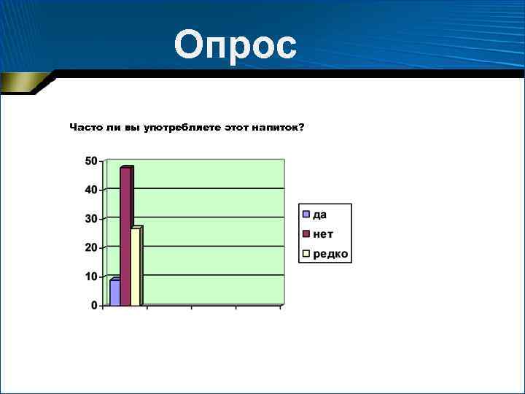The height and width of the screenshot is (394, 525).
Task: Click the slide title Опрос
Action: click(x=236, y=45)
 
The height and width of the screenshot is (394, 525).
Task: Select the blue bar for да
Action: click(x=114, y=292)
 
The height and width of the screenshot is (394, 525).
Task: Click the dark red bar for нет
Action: click(x=125, y=237)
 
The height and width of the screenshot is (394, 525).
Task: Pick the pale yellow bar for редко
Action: click(x=136, y=266)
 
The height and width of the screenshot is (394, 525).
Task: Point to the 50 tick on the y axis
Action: click(x=91, y=161)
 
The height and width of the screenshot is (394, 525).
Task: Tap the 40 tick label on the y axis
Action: click(x=91, y=190)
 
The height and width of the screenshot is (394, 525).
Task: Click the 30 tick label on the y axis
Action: click(x=91, y=218)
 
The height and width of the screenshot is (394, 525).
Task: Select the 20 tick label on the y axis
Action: click(x=91, y=247)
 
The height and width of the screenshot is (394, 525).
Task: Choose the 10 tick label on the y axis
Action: click(x=91, y=277)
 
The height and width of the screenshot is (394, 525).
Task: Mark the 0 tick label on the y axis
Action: click(x=95, y=305)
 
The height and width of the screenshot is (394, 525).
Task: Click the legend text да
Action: click(x=320, y=214)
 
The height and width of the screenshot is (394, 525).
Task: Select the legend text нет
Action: click(x=323, y=233)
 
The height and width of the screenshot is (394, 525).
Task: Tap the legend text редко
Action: click(x=330, y=254)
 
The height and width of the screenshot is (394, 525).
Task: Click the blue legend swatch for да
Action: click(x=306, y=214)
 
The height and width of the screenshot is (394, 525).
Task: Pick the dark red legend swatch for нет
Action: click(x=306, y=233)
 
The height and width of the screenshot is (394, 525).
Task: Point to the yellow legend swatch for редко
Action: click(x=306, y=254)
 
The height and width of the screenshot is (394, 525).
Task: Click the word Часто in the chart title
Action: click(x=86, y=128)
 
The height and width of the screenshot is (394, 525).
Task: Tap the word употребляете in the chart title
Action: click(x=179, y=128)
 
